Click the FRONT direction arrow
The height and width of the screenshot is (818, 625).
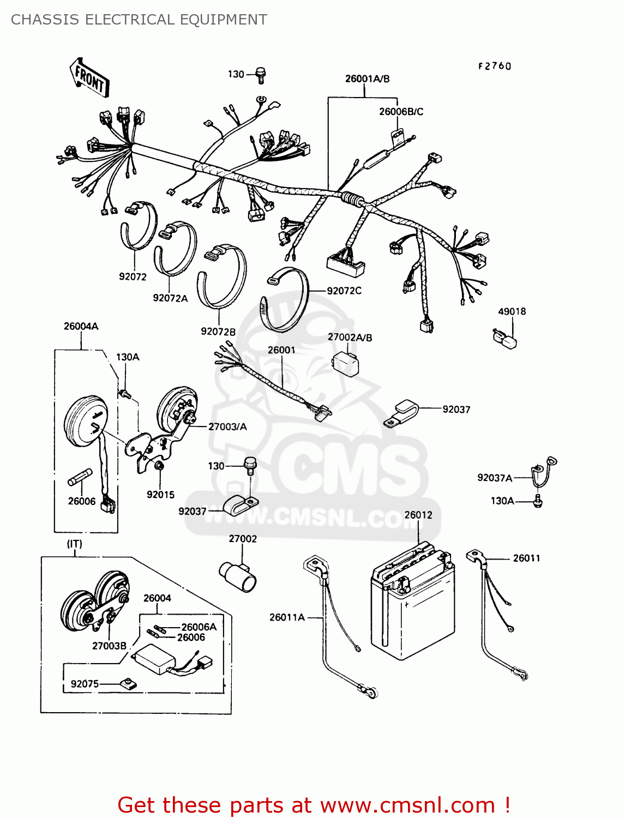89,78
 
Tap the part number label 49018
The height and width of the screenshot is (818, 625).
512,311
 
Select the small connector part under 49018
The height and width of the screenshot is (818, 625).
506,339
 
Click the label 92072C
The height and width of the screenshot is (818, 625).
344,291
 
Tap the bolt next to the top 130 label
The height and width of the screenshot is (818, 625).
261,75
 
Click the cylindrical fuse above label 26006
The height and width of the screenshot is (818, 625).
81,477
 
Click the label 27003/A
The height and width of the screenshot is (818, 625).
227,426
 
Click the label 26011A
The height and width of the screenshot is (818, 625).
287,617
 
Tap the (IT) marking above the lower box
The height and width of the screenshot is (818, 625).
75,544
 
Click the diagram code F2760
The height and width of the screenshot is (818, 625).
495,66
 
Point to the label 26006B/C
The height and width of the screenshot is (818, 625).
401,112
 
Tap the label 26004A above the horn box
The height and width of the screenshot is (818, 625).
81,326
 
